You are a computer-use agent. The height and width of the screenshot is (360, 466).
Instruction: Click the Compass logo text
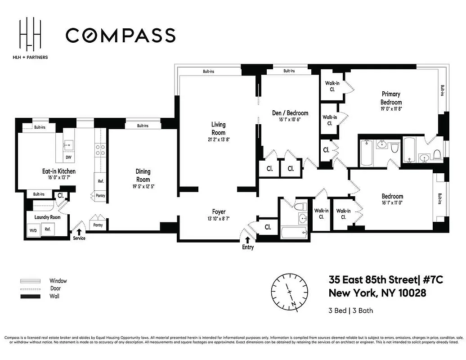coord(121,35)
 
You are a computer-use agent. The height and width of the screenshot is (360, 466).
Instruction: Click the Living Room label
coord(218,128)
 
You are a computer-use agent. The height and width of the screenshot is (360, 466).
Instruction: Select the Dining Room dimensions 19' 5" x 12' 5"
coord(143,186)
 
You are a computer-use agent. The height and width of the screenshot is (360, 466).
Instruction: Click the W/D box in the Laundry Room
coord(33,230)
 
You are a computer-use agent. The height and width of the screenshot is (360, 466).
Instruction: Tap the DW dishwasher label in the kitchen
coord(68,157)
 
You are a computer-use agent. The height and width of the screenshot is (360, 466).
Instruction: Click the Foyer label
coord(219,211)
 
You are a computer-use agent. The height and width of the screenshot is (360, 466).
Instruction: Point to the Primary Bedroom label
coord(391,98)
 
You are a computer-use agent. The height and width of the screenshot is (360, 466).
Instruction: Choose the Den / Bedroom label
coord(290,113)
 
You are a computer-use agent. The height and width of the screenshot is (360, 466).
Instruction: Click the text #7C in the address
coord(433,280)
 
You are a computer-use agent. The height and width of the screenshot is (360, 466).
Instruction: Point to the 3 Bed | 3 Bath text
coord(351,310)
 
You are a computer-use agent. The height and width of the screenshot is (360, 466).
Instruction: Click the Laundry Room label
coord(47,217)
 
